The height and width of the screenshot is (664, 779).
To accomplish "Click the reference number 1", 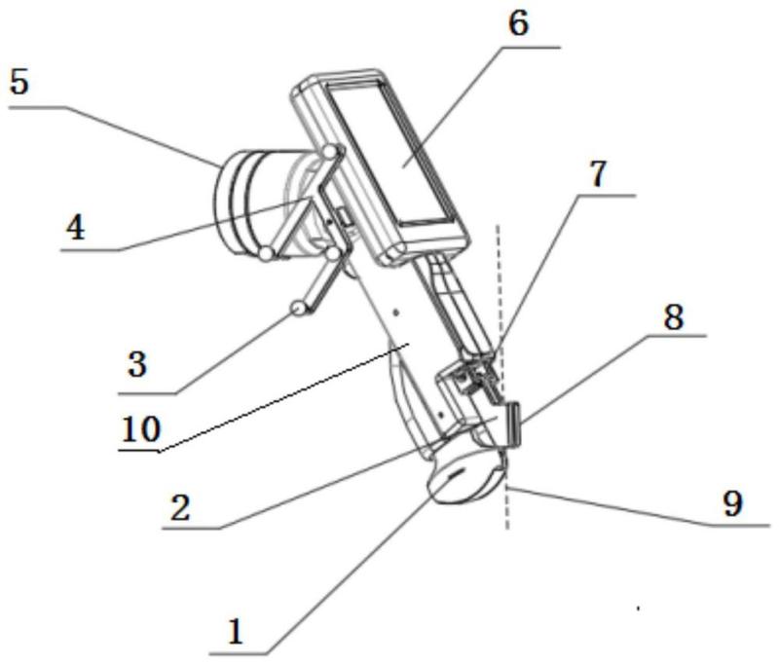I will point(234,634).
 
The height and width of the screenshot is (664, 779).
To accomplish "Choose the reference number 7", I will point(598,173).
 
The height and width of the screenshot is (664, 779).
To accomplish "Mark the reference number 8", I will point(672,315).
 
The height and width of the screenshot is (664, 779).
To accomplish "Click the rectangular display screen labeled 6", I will point(394,156).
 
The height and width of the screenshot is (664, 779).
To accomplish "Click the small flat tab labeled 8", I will point(512,424).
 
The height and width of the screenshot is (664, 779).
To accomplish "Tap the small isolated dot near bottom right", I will point(638,609).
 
